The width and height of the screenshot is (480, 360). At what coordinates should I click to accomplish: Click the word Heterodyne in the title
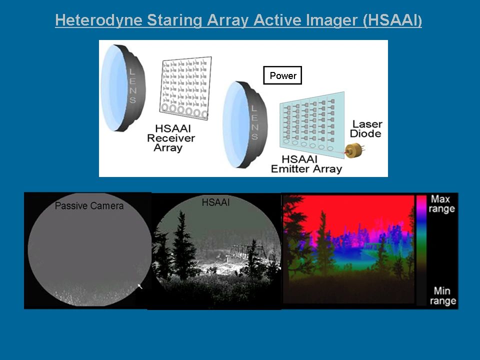pos(98,20)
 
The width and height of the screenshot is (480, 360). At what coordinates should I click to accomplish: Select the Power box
pos(282,75)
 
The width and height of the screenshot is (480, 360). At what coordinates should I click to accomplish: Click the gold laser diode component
pos(354,150)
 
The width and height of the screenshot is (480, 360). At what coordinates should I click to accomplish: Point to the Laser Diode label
pos(366,129)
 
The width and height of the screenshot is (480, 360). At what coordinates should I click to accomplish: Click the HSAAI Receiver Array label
pos(171,138)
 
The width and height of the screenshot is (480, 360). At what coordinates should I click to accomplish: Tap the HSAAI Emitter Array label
pos(306,164)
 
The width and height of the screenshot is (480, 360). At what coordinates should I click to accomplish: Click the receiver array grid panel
pos(185,88)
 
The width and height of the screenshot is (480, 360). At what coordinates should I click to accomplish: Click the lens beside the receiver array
pos(123,88)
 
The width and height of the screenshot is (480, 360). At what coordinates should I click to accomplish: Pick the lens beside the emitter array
pos(244,124)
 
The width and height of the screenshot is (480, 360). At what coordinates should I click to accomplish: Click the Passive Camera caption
pos(89,205)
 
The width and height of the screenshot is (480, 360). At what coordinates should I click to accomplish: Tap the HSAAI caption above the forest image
pos(215,202)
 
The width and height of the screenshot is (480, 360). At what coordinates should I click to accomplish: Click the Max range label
pos(441,204)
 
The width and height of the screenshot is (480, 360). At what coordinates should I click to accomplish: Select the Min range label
pos(442,295)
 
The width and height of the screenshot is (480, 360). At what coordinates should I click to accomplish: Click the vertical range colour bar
pos(421,250)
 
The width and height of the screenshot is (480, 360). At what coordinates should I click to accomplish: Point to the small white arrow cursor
pos(140,286)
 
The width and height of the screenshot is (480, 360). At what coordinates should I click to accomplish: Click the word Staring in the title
pos(174,20)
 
